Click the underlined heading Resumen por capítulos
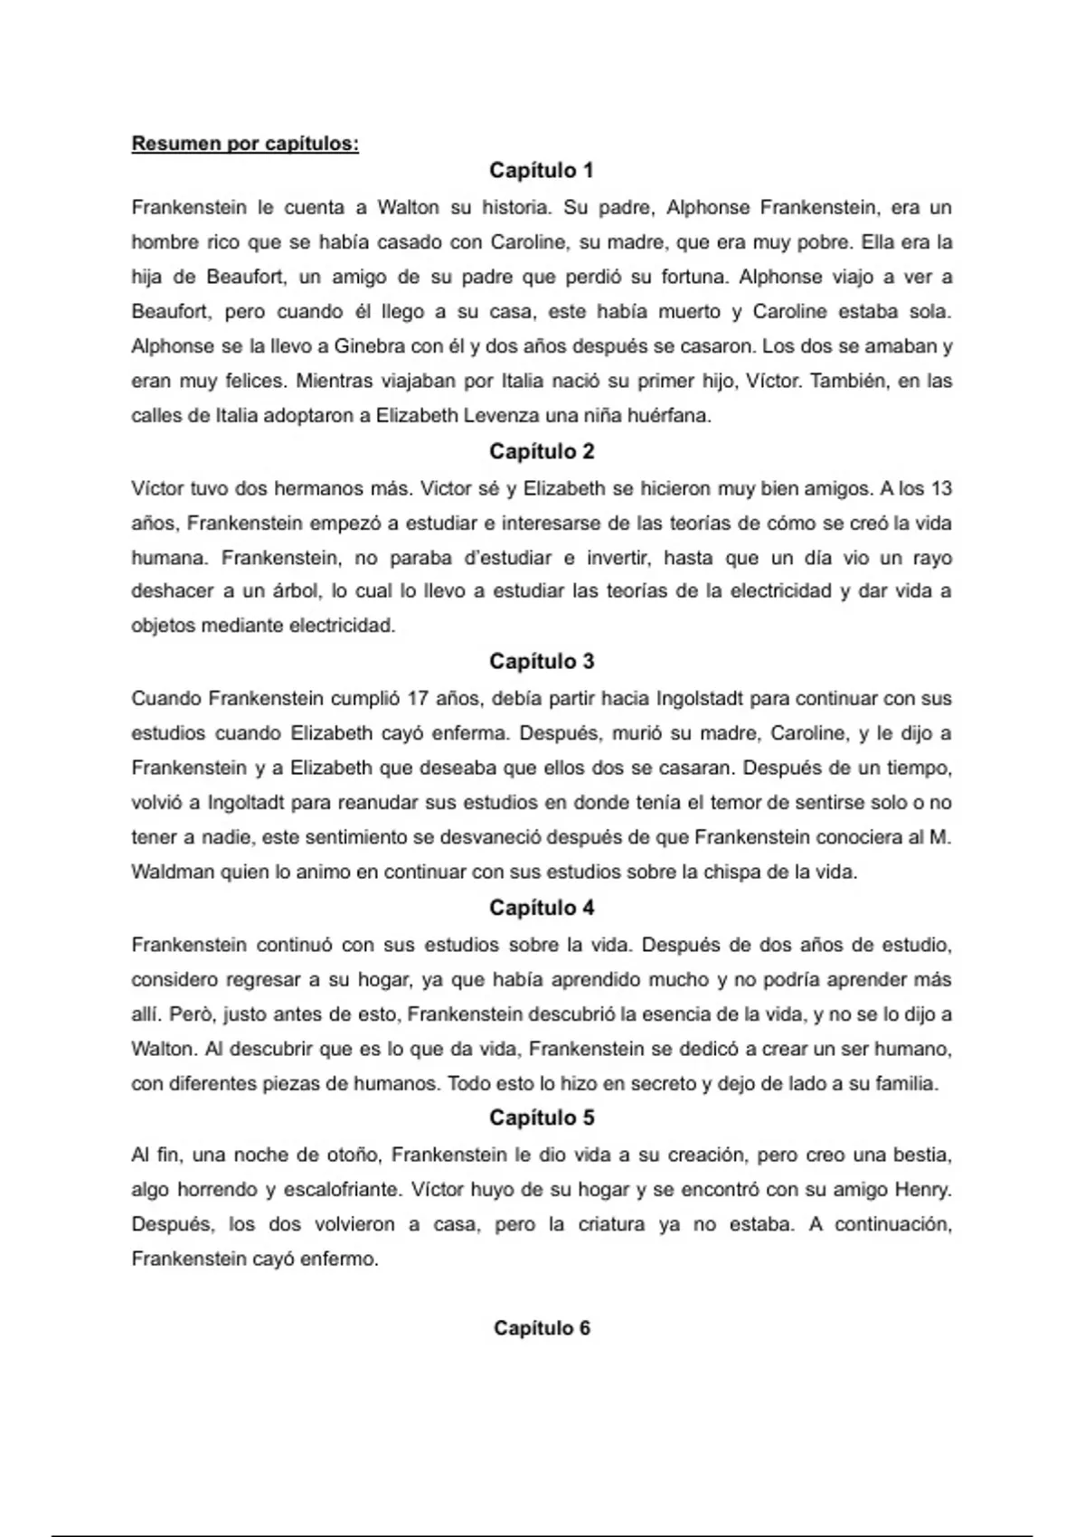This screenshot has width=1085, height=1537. point(245,144)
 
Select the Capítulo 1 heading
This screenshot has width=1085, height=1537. point(542,170)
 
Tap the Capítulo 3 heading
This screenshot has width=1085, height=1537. point(542,661)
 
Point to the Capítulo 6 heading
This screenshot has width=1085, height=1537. point(542,1327)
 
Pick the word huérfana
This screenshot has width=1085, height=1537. point(666,416)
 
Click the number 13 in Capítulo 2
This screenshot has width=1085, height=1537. point(940,489)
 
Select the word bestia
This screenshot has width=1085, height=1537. point(922,1155)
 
